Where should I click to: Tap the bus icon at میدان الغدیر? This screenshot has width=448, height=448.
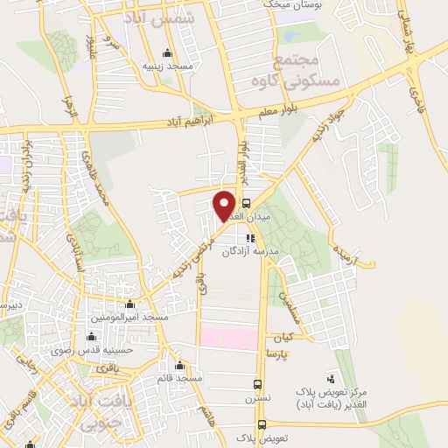pyautogui.click(x=246, y=204)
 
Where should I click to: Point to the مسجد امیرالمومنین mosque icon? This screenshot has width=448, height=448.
pyautogui.click(x=131, y=304)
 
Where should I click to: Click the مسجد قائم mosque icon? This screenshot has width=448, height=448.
pyautogui.click(x=181, y=365)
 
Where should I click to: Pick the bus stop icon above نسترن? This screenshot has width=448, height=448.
pyautogui.click(x=257, y=383)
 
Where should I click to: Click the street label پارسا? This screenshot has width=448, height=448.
pyautogui.click(x=279, y=351)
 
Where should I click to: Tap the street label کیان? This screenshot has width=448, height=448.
pyautogui.click(x=282, y=337)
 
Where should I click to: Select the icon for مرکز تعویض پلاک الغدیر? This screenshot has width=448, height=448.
pyautogui.click(x=331, y=378)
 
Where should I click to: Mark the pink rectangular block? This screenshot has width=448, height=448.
pyautogui.click(x=229, y=337)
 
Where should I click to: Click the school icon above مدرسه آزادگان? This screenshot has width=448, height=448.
pyautogui.click(x=251, y=237)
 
